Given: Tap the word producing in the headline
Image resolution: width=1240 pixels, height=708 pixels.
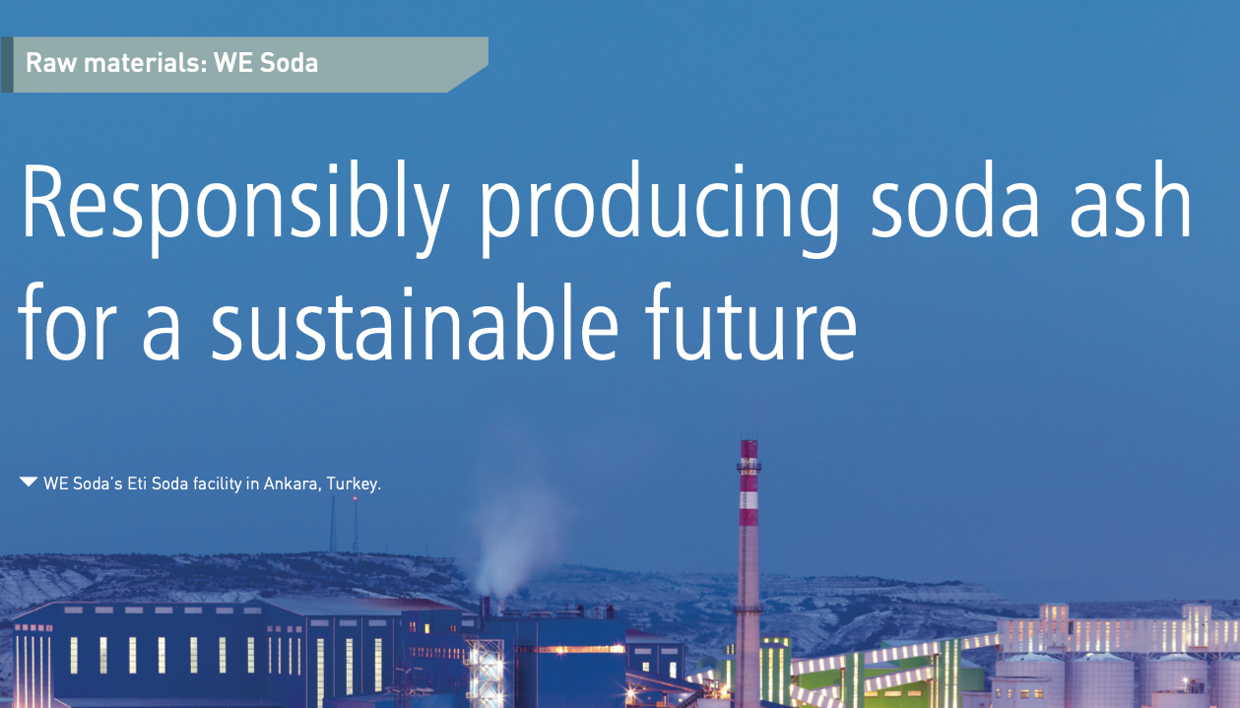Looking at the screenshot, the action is [x=660, y=209].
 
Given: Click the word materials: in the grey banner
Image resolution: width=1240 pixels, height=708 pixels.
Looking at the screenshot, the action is [x=146, y=62].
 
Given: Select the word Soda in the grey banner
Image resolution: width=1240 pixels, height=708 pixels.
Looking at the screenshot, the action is [x=289, y=62].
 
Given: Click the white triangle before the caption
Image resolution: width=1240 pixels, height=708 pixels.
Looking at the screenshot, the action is [x=29, y=482].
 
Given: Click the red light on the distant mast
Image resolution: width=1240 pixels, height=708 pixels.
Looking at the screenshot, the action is [x=355, y=498].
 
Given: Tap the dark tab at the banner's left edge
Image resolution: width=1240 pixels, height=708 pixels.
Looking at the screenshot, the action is [x=7, y=64].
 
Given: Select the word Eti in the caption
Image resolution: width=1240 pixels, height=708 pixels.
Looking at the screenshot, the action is [x=136, y=483].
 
